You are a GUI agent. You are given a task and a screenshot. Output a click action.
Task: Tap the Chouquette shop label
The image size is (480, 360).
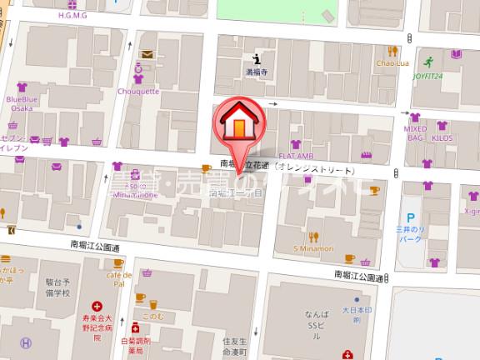click(x=139, y=92)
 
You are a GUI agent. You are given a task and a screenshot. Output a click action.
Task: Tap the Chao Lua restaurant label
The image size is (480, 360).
click(x=390, y=63)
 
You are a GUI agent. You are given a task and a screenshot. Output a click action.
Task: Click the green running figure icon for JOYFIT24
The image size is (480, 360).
click(x=427, y=62)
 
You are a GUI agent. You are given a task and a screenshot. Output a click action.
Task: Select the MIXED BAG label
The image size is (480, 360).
click(x=416, y=133)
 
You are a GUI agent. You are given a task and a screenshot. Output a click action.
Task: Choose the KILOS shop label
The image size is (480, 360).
click(x=442, y=133)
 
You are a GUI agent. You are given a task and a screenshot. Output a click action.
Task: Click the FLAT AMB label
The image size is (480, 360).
click(x=295, y=156)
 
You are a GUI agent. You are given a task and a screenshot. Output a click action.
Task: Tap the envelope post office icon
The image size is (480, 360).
click(x=147, y=55)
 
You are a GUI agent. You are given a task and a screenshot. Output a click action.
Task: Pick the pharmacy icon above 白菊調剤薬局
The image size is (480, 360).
click(x=134, y=327)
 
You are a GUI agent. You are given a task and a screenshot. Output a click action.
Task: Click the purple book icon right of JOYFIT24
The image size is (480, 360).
click(x=456, y=54)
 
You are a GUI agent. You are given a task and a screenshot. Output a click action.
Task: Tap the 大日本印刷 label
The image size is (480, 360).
click(x=355, y=315)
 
